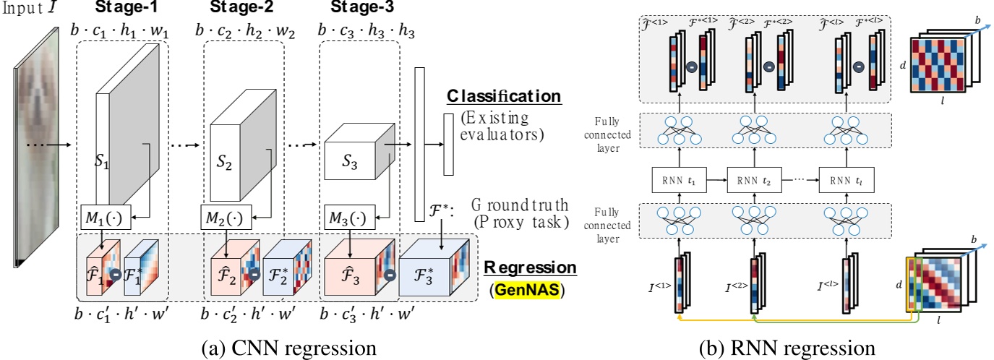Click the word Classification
[x=504, y=96]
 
